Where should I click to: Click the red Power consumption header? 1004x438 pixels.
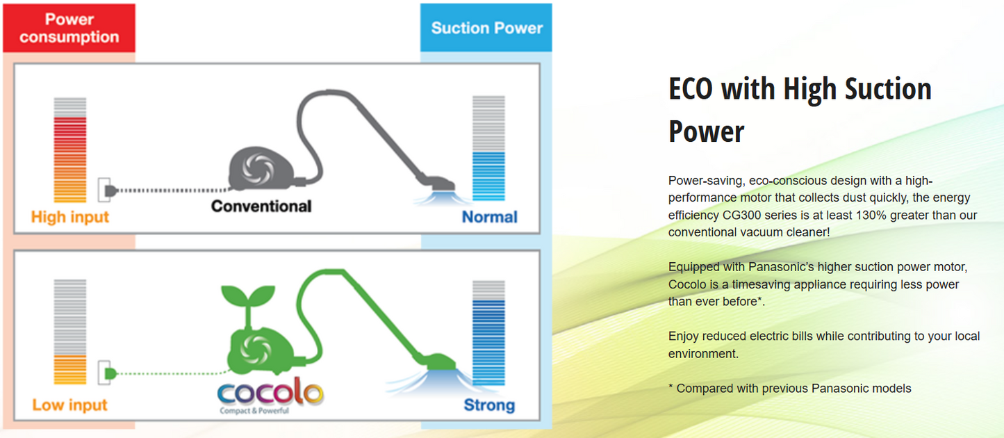pyautogui.click(x=69, y=28)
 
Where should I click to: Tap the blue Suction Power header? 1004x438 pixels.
pyautogui.click(x=486, y=28)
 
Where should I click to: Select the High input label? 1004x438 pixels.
pyautogui.click(x=70, y=217)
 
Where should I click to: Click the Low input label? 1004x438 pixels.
pyautogui.click(x=70, y=405)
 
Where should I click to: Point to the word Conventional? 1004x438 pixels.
pyautogui.click(x=261, y=206)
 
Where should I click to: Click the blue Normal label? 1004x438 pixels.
pyautogui.click(x=489, y=217)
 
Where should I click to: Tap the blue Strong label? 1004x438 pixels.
pyautogui.click(x=489, y=405)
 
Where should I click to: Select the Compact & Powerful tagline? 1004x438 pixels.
pyautogui.click(x=254, y=411)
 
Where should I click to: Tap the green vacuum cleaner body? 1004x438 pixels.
pyautogui.click(x=261, y=352)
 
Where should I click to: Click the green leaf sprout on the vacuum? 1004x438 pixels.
pyautogui.click(x=248, y=298)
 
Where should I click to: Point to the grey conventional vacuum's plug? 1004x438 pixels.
pyautogui.click(x=110, y=191)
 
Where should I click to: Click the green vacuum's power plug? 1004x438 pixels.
pyautogui.click(x=110, y=373)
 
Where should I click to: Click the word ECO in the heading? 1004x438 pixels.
pyautogui.click(x=691, y=89)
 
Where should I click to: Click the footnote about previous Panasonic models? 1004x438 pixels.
pyautogui.click(x=790, y=388)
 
